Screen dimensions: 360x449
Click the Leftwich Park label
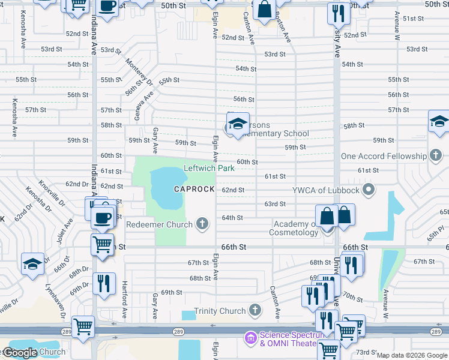click(209, 169)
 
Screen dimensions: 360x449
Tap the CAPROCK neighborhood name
click(194, 189)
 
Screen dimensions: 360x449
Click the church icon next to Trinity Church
click(255, 311)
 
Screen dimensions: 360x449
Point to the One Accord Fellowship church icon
click(436, 156)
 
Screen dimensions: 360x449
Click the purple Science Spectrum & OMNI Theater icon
click(250, 339)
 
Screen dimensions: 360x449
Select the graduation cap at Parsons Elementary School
click(238, 124)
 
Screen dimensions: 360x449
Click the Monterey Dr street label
click(140, 71)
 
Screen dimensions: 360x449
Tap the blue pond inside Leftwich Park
click(165, 188)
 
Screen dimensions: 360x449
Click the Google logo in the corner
click(19, 353)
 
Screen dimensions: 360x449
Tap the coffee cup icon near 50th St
click(107, 7)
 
